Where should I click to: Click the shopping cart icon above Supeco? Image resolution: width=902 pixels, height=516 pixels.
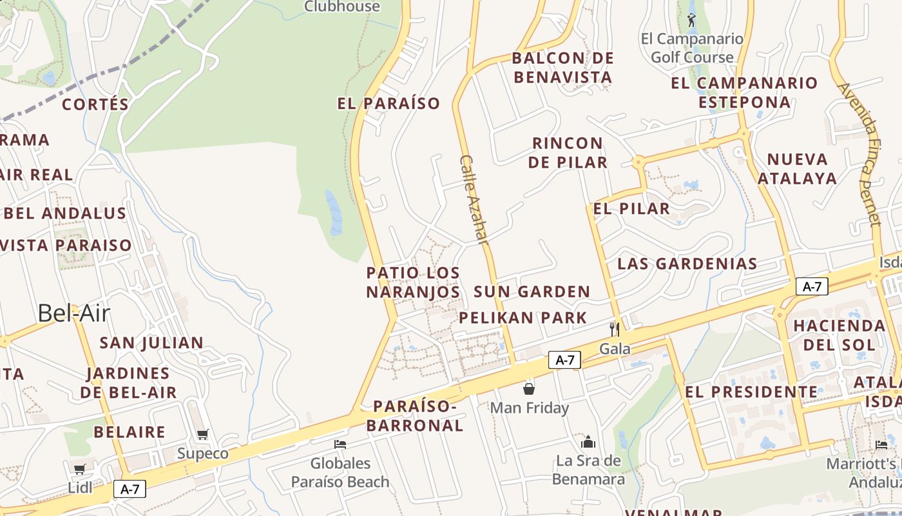(x=203, y=434)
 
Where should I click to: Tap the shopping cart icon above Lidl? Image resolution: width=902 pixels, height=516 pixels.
(x=79, y=469)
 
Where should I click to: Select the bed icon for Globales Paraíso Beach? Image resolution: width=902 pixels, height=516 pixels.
(x=340, y=444)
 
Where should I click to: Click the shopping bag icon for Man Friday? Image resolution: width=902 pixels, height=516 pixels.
(x=529, y=388)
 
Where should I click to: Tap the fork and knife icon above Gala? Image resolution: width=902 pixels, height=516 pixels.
(x=615, y=329)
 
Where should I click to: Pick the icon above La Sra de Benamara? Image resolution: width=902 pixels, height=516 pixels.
(x=588, y=442)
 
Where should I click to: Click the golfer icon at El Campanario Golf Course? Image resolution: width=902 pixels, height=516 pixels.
(x=691, y=20)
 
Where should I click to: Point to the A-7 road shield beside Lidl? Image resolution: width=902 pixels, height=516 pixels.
(x=130, y=489)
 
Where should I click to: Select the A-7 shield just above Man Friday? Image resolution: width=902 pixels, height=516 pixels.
(x=564, y=360)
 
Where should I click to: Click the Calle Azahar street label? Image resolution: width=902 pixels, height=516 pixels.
(x=474, y=199)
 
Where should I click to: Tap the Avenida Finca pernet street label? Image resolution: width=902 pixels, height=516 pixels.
(x=861, y=154)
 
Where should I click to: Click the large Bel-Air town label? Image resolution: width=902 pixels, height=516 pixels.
(x=74, y=313)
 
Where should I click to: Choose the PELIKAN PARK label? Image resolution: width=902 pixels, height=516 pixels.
(x=523, y=317)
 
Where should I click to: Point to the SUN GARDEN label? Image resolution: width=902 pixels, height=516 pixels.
(x=532, y=292)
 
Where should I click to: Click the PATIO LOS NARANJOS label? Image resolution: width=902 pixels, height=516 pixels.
(x=413, y=283)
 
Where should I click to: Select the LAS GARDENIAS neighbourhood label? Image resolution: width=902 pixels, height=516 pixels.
(x=687, y=263)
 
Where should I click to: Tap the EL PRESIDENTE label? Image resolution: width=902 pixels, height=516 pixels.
(x=751, y=392)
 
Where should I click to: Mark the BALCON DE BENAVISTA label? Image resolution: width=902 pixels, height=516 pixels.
(x=562, y=68)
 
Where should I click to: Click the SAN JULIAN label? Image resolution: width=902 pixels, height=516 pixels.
(x=151, y=342)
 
